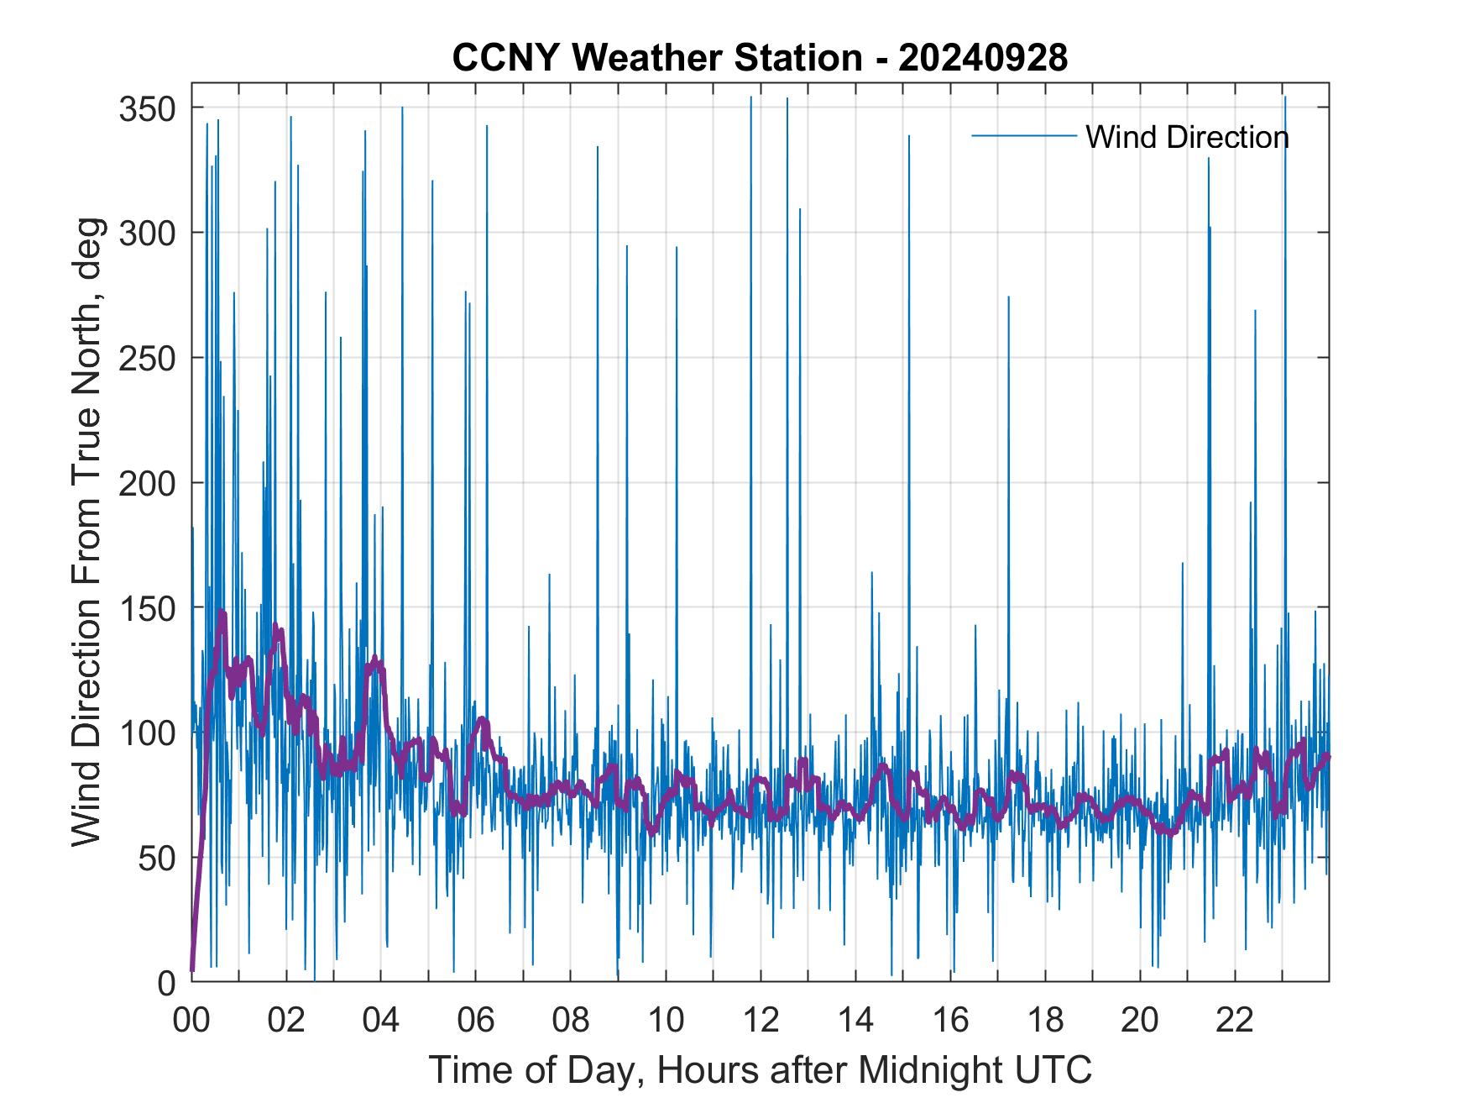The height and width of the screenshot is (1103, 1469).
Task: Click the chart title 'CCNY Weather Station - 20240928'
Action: tap(760, 58)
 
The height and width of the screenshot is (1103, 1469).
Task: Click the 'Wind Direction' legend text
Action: tap(1187, 137)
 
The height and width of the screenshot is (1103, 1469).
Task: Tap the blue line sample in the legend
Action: tap(1023, 135)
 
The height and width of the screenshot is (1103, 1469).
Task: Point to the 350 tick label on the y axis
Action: tap(147, 108)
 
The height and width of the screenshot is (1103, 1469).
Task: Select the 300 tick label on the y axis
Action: tap(147, 233)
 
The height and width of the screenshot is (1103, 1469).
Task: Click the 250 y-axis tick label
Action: tap(147, 358)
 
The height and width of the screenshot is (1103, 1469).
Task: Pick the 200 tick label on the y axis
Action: tap(147, 483)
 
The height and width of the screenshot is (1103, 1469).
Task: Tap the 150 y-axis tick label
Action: tap(147, 608)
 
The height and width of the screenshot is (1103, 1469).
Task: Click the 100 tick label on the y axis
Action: tap(147, 733)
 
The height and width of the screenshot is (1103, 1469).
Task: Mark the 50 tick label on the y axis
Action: tap(155, 858)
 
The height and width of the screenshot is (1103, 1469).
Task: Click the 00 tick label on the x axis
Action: tap(191, 1021)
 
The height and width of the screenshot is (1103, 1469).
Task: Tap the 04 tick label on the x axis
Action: tap(381, 1021)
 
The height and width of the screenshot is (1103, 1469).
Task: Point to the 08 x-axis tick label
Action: tap(571, 1021)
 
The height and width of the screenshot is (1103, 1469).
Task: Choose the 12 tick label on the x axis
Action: tap(761, 1021)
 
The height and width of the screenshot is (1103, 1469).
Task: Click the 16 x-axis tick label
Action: tap(950, 1021)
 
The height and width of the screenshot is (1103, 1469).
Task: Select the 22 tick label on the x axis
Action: tap(1235, 1021)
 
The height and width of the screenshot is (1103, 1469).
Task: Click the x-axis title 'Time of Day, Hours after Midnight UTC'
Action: tap(760, 1069)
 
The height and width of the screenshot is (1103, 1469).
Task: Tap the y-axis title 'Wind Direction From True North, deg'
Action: tap(86, 532)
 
